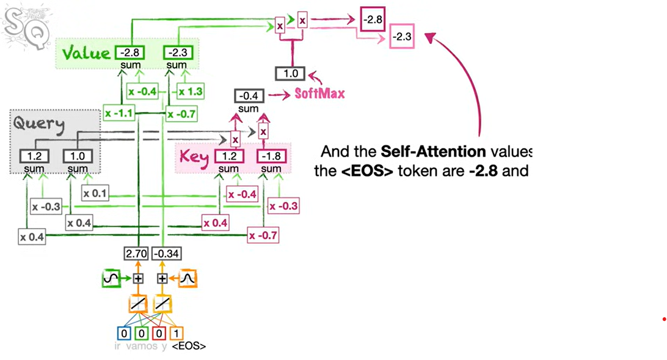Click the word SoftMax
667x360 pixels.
tap(320, 94)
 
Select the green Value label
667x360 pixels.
tap(85, 53)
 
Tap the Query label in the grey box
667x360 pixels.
tap(38, 125)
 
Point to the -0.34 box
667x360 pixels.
tap(163, 254)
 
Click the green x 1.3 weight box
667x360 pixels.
tap(190, 92)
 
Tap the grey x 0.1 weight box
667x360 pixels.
tap(95, 194)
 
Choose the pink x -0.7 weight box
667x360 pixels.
tap(263, 234)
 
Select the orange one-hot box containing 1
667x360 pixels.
tap(176, 333)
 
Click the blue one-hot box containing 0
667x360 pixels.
tap(124, 333)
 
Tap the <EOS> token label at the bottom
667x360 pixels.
tap(189, 347)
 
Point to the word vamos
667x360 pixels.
tap(140, 347)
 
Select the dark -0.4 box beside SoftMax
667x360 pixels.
tap(249, 96)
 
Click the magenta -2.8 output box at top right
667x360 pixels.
tap(372, 20)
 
